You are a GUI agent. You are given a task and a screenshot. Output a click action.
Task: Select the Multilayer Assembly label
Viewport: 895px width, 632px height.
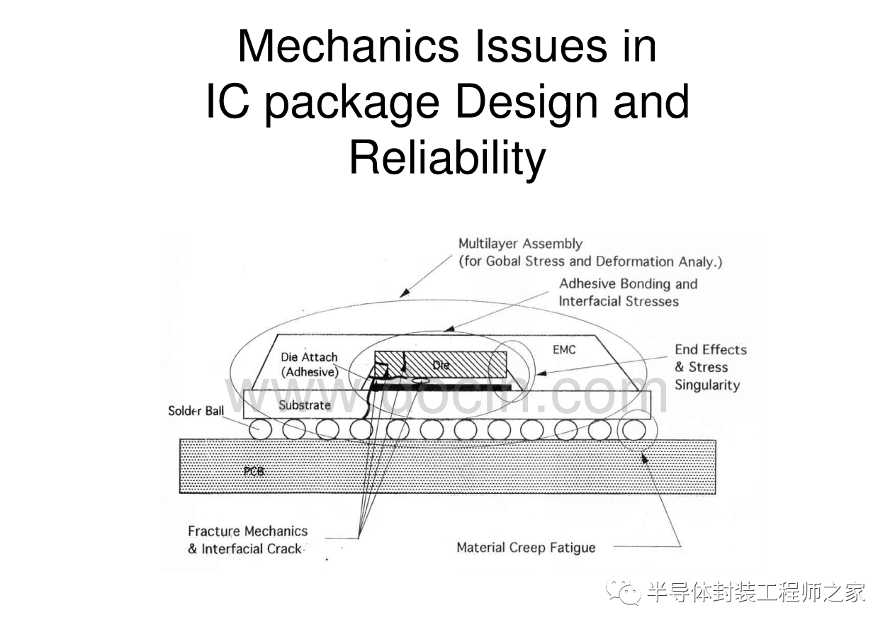coord(519,244)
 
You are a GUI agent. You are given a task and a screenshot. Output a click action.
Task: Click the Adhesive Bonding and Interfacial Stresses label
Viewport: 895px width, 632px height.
coord(628,292)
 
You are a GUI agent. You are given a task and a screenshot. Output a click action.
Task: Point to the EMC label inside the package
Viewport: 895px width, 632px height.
coord(563,349)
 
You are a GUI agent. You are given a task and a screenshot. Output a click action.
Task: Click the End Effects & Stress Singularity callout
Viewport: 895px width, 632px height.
coord(709,367)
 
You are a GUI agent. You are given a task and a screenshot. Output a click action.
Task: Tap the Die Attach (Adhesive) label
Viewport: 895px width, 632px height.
coord(309,364)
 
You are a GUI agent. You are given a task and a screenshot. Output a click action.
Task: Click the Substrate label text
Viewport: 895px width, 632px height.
coord(305,405)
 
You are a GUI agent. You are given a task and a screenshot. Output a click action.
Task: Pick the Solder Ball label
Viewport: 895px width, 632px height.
coord(196,411)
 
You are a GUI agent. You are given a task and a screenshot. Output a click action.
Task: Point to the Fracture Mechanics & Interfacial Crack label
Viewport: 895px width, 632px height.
coord(247,540)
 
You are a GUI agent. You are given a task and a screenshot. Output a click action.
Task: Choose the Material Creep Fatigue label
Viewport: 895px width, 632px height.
coord(526,547)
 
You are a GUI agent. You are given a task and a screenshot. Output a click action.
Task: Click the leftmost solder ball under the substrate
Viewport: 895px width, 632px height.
coord(259,429)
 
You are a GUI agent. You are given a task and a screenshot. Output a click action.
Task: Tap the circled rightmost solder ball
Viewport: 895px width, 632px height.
coord(632,429)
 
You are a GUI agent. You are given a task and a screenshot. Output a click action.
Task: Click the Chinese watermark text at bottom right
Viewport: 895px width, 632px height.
coord(755,592)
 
